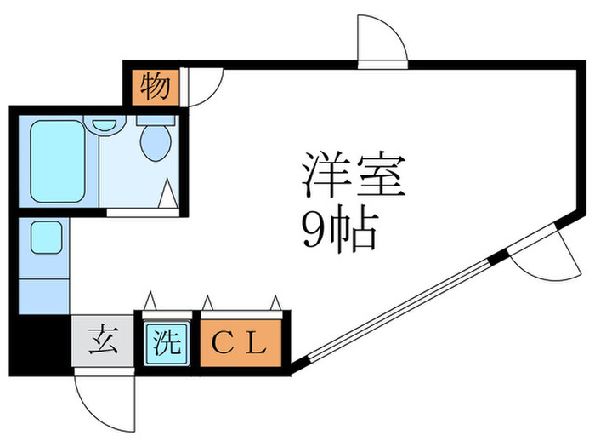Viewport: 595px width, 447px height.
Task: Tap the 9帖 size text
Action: tap(339, 227)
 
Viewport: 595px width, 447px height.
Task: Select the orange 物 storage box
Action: tap(155, 87)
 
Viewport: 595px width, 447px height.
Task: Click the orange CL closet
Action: tap(240, 345)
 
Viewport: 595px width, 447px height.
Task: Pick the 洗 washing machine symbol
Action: tap(167, 344)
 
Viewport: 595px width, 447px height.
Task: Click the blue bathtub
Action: tap(58, 159)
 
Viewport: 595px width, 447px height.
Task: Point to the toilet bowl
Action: tap(155, 142)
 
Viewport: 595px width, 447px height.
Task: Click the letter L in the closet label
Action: tap(258, 345)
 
